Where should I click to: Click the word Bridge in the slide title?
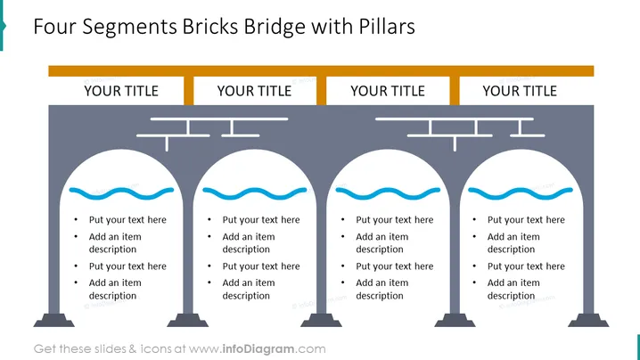[275, 27]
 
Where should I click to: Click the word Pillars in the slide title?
[387, 27]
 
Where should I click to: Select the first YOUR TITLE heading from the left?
[121, 91]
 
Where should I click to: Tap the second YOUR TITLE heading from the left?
[254, 91]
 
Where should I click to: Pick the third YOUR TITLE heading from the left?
[388, 91]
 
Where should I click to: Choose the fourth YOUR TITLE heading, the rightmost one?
[520, 91]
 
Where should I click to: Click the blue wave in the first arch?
[121, 193]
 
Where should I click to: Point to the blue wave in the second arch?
[255, 193]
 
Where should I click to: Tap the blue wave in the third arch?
[388, 193]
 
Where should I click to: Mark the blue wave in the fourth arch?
[521, 193]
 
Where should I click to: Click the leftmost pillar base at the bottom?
[53, 321]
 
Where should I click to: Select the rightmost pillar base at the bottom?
[588, 321]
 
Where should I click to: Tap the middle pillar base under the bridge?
[321, 321]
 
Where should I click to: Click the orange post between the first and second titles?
[189, 91]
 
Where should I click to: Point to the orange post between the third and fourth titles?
[455, 91]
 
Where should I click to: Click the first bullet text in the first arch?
[127, 219]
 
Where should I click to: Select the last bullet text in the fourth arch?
[513, 289]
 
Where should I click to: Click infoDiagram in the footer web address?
[258, 349]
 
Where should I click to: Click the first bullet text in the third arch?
[395, 219]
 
